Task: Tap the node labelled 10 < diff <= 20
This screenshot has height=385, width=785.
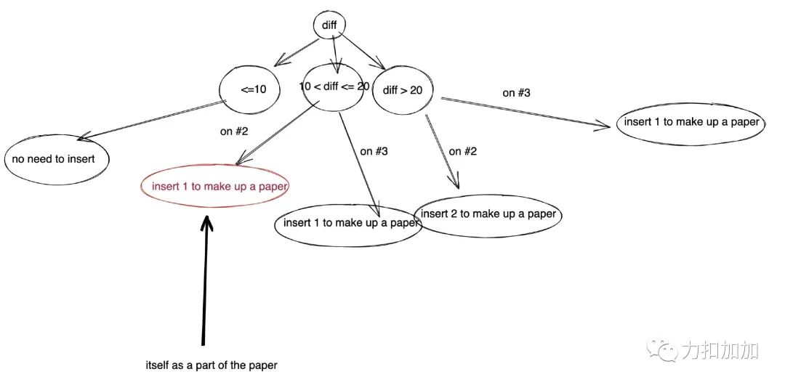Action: pos(334,86)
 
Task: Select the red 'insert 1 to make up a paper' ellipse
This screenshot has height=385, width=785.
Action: pos(214,186)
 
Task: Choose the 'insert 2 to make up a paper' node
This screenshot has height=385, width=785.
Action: pos(488,214)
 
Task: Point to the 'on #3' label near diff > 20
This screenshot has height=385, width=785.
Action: pos(516,93)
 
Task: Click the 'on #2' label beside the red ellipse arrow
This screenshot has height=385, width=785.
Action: pos(234,131)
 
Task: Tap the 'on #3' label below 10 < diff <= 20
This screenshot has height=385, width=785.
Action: pos(374,152)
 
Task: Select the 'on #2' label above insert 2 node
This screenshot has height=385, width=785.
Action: pos(463,151)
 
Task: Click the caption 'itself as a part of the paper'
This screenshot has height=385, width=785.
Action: pos(212,365)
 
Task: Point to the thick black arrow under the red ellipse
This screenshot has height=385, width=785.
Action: pos(206,283)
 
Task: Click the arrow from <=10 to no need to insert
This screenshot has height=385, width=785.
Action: pos(153,119)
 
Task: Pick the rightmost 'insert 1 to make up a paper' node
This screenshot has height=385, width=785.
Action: pos(691,122)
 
